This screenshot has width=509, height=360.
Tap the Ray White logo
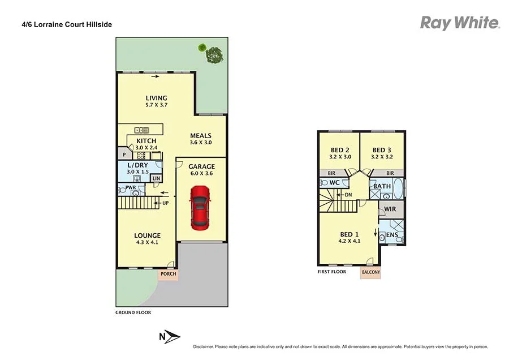pos(460,23)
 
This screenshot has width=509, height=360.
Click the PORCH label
pos(168,274)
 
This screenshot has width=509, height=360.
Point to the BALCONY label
pos(370,272)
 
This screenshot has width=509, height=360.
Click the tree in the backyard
pos(214,54)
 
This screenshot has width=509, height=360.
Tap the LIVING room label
pos(156,98)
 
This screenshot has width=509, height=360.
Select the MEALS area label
pos(200,136)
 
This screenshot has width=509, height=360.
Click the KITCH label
pos(146,141)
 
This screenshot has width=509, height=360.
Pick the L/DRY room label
pos(137,165)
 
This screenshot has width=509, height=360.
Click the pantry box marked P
pos(123,154)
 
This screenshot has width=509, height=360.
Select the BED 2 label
pos(340,150)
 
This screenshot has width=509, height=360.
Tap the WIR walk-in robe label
pos(390,209)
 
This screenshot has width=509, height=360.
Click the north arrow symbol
pos(169,337)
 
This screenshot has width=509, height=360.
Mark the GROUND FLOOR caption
pos(133,312)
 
